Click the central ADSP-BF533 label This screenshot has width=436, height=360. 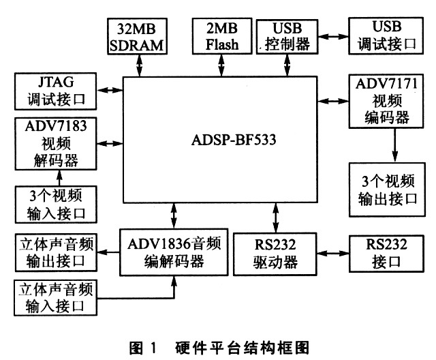point(219,143)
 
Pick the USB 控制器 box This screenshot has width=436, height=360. point(285,35)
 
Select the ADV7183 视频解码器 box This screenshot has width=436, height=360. point(56,144)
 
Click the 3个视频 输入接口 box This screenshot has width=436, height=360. point(56,204)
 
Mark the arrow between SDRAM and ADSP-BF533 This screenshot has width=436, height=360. point(139,65)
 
